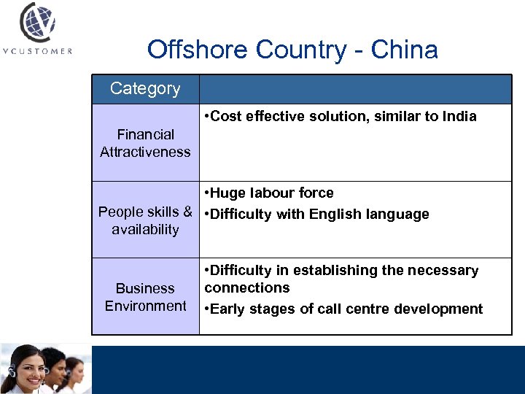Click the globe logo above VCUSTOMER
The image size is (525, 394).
[36, 23]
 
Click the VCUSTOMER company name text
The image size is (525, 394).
[36, 51]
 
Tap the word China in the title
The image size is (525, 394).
[404, 50]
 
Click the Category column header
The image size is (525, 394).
[145, 88]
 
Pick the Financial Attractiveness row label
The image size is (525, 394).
[145, 143]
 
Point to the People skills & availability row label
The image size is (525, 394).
[145, 220]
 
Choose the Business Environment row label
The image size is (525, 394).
[145, 297]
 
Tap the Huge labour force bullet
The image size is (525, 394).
[269, 193]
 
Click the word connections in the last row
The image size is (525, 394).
[247, 287]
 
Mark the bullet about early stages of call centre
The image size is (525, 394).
[343, 309]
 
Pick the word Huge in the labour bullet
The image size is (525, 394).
[227, 193]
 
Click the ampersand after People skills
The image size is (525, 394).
[188, 212]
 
